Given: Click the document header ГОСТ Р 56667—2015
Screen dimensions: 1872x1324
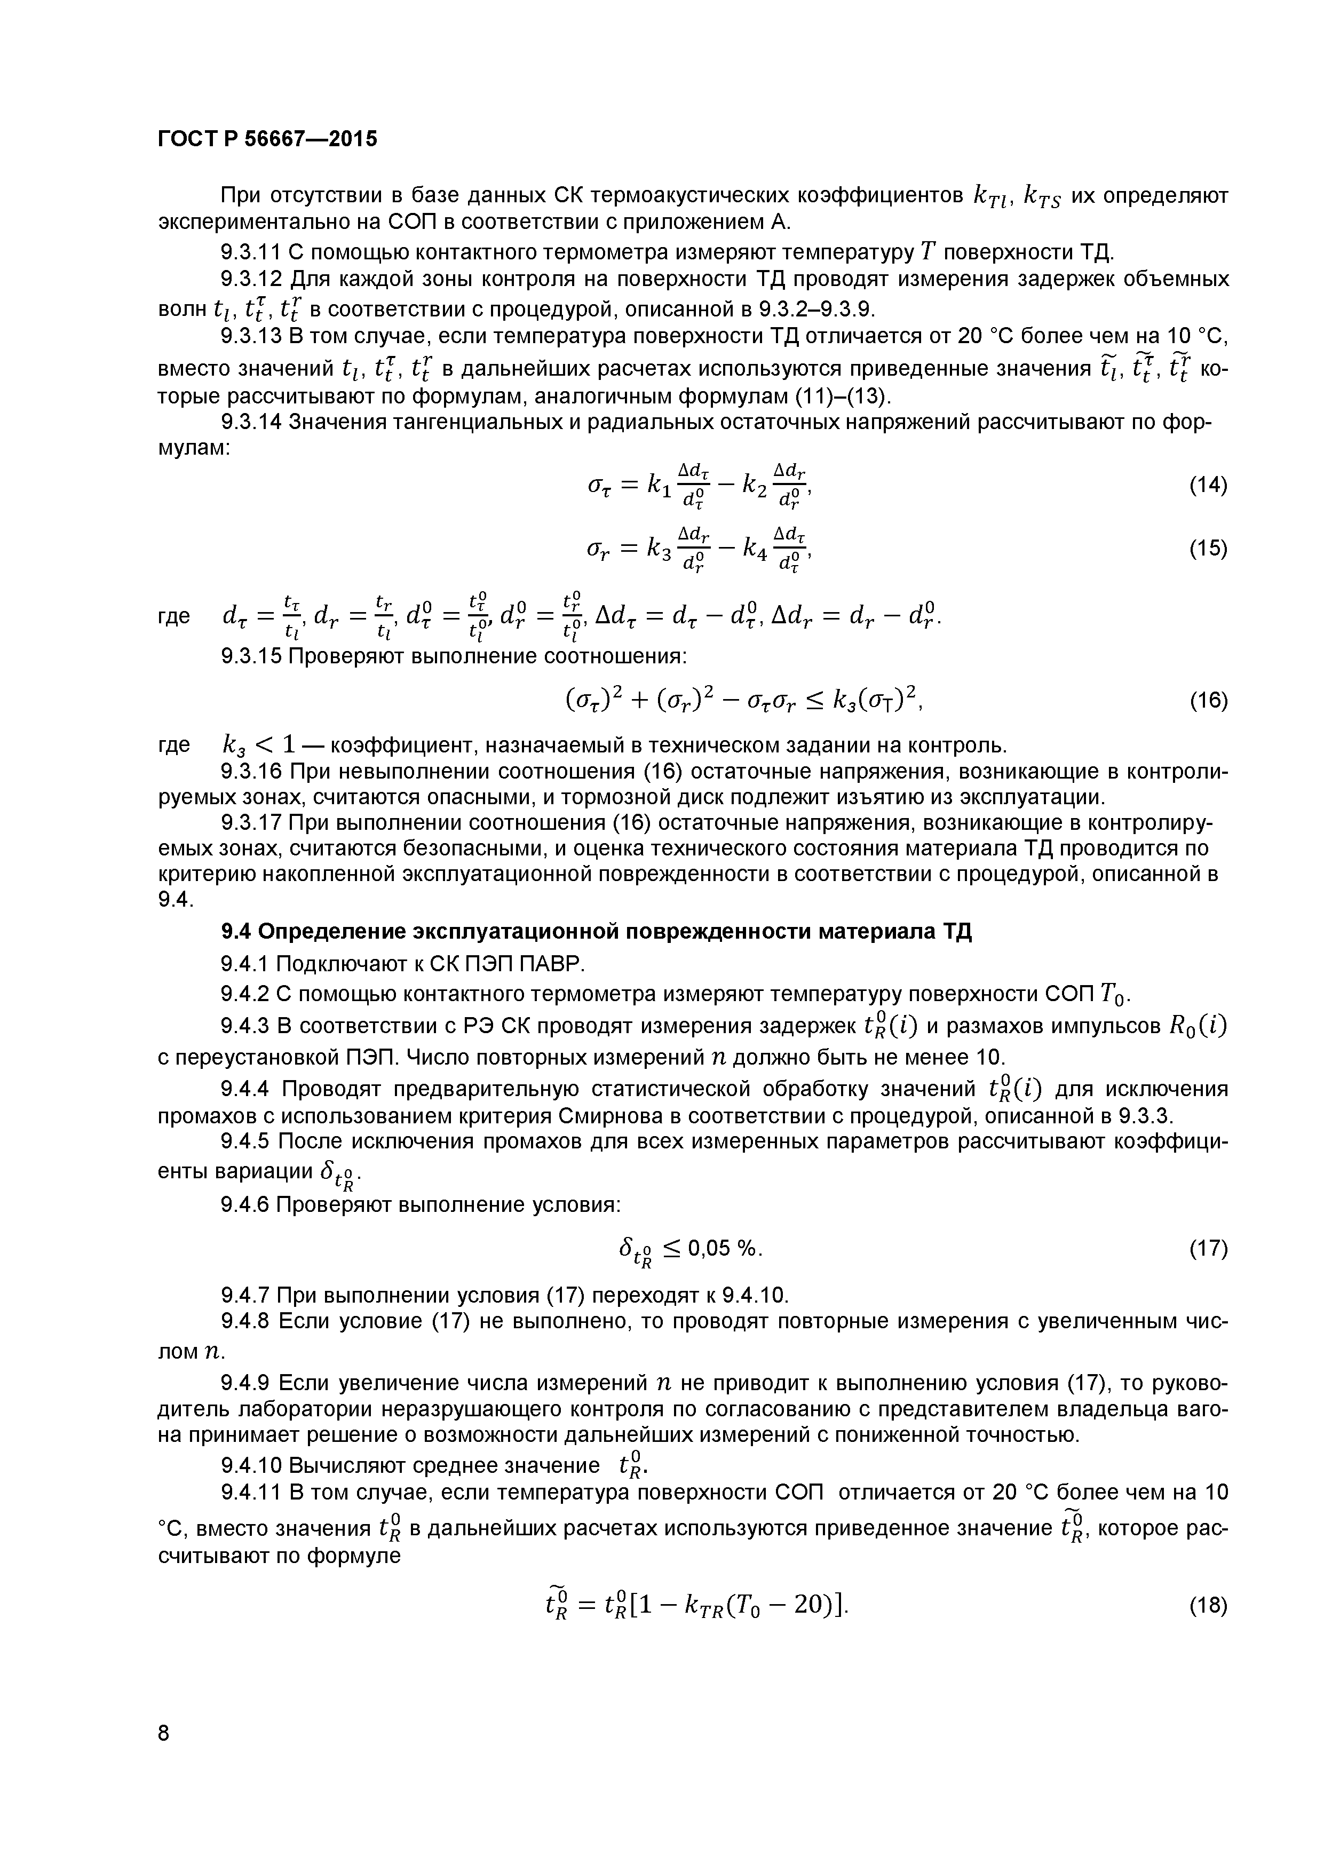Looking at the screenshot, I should (x=267, y=139).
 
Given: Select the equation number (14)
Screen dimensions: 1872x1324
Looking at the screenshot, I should (x=1208, y=485).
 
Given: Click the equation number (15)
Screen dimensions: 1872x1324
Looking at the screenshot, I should (x=1208, y=548).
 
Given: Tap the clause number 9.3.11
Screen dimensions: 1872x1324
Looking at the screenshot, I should (x=251, y=253).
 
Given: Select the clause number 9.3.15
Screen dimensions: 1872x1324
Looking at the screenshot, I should (x=251, y=656).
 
